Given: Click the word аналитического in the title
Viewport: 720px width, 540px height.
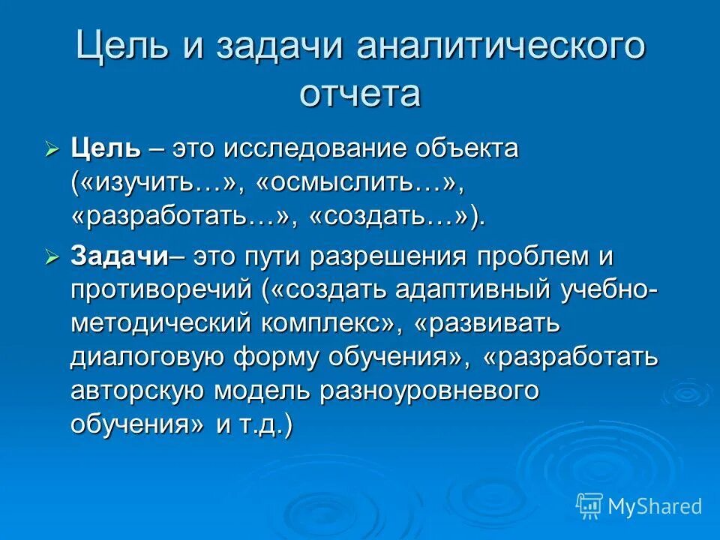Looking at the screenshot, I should pyautogui.click(x=500, y=47).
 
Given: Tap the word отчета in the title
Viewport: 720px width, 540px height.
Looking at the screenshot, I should pyautogui.click(x=360, y=94).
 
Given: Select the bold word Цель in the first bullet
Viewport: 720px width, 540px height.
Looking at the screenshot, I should pyautogui.click(x=105, y=148).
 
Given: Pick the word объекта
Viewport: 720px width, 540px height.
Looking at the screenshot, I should pyautogui.click(x=469, y=148).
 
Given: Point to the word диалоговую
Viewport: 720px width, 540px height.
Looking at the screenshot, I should pyautogui.click(x=148, y=356).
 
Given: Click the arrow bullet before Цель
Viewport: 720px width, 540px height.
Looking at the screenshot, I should pyautogui.click(x=52, y=149).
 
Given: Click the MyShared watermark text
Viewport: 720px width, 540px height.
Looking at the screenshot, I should pyautogui.click(x=655, y=506).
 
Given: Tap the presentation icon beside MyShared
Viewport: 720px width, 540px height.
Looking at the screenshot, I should pyautogui.click(x=589, y=506).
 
